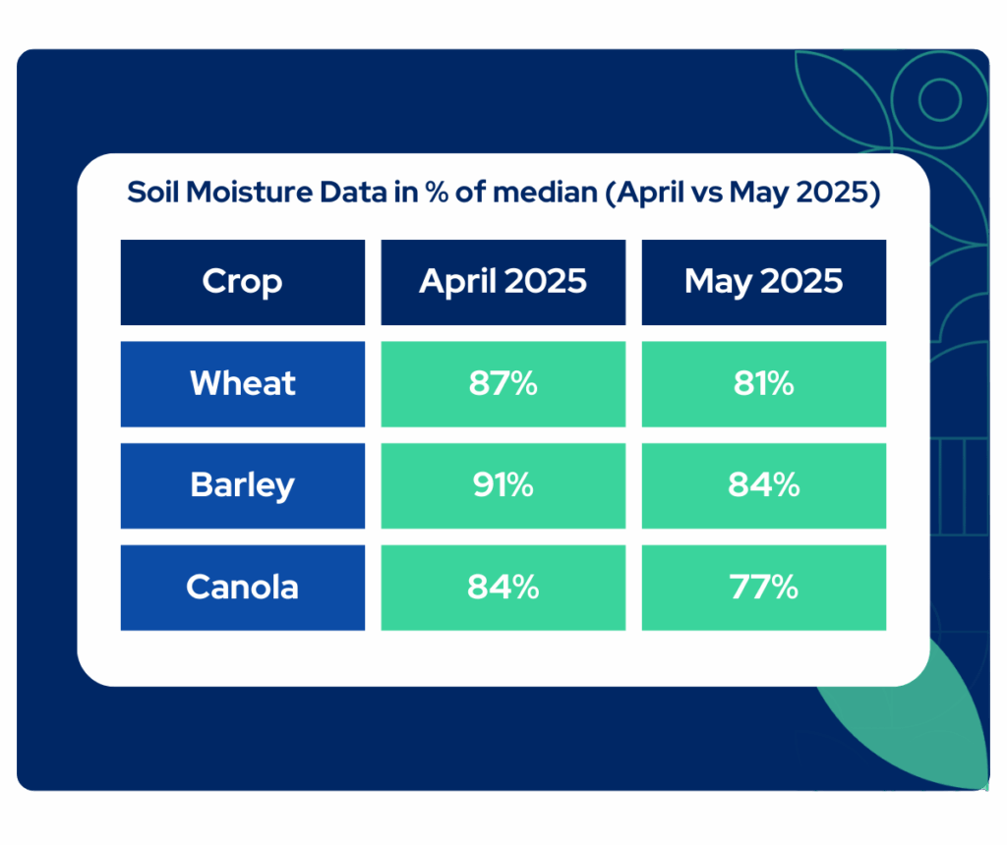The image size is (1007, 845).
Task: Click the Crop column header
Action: (243, 282)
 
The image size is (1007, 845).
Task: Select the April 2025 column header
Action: (503, 282)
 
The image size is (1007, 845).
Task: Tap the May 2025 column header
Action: (763, 282)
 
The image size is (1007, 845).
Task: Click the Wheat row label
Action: (243, 383)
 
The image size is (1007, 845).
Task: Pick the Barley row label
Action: (243, 485)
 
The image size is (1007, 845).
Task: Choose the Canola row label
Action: (243, 588)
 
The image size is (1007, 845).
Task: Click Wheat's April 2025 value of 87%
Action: (503, 383)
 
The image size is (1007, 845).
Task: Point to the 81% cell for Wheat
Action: (763, 383)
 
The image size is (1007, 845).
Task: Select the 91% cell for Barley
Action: (503, 485)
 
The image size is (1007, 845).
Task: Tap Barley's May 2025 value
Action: (763, 485)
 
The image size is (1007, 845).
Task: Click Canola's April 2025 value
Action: (503, 588)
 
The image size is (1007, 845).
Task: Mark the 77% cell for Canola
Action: (763, 588)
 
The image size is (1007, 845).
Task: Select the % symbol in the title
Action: (437, 192)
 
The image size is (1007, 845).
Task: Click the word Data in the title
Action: (353, 192)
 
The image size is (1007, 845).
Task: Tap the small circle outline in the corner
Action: (939, 99)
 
